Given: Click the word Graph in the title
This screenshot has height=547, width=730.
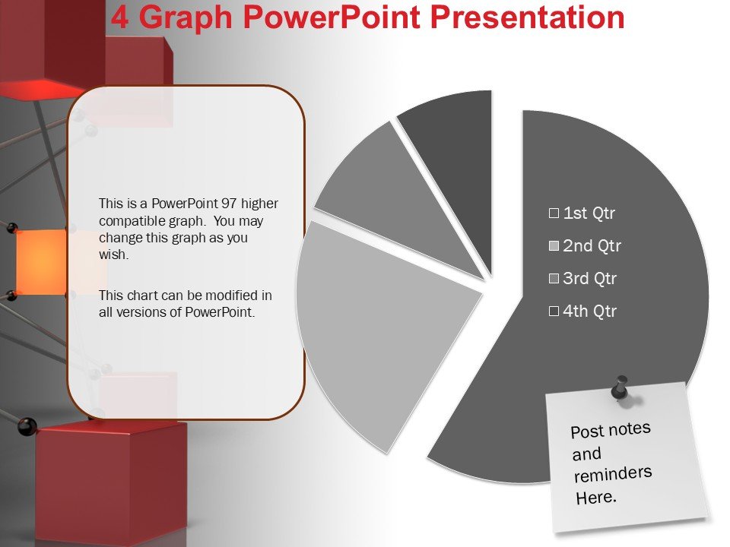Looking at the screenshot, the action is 186,17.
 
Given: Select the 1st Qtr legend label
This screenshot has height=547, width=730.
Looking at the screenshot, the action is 589,213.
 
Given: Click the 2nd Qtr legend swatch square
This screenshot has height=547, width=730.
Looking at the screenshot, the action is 554,245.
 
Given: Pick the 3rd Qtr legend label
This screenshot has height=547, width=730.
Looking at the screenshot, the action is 589,278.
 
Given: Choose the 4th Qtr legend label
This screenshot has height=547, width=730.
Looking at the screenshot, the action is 589,311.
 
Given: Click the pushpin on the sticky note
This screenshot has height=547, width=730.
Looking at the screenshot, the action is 620,388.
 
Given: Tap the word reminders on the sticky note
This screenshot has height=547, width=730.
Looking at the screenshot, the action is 613,474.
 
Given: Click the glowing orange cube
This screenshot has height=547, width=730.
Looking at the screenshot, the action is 41,262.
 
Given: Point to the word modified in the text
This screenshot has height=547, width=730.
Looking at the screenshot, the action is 232,296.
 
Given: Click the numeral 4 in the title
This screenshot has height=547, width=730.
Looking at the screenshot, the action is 119,17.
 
